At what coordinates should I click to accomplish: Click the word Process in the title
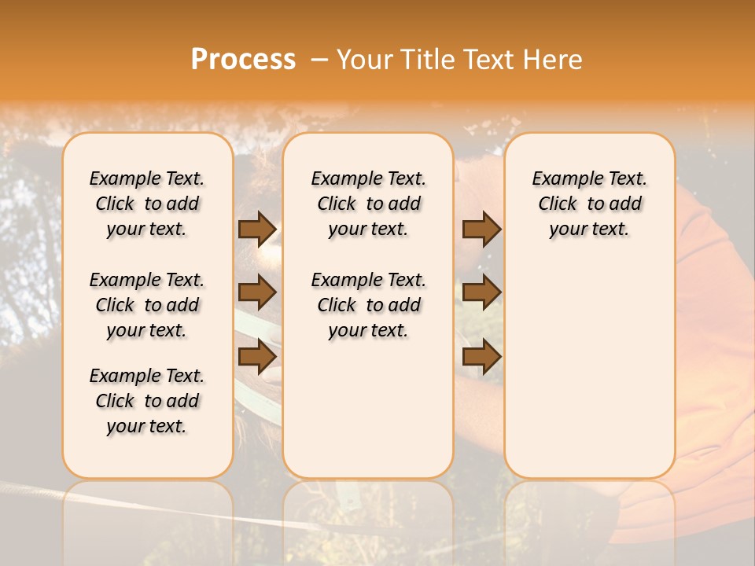[x=243, y=60]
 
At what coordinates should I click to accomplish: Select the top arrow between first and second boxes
[x=256, y=229]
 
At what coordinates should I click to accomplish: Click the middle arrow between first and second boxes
[x=256, y=292]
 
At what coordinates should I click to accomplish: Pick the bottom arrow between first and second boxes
[x=256, y=356]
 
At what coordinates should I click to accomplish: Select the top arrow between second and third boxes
[x=481, y=229]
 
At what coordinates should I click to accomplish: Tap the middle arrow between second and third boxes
[x=481, y=292]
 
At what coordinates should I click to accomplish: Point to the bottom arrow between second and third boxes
[x=481, y=356]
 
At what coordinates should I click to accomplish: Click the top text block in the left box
[x=147, y=204]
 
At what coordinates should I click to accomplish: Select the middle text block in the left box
[x=147, y=305]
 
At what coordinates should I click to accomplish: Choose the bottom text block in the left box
[x=147, y=401]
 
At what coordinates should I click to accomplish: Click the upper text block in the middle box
[x=368, y=204]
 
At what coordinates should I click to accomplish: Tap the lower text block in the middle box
[x=368, y=305]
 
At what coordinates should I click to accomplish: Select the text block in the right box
[x=589, y=204]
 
